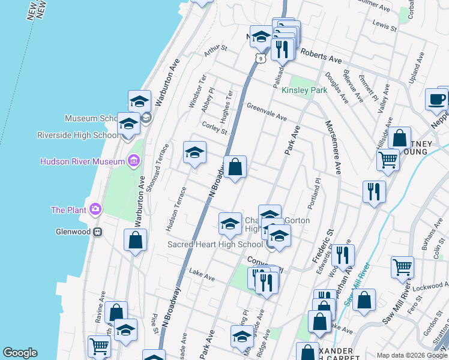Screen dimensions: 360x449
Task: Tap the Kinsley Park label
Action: (x=304, y=90)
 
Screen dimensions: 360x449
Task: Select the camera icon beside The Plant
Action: (x=95, y=209)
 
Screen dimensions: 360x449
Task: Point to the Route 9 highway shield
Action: (x=259, y=58)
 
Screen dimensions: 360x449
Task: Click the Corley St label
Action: (x=215, y=127)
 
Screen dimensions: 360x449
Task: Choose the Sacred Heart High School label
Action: (x=215, y=244)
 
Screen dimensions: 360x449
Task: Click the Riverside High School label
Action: (x=78, y=135)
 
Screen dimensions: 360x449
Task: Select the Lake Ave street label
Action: (x=202, y=275)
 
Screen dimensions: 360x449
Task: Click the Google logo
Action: (x=20, y=353)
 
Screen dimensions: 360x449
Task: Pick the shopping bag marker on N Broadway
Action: (x=235, y=166)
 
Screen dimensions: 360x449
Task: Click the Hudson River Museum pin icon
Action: (x=133, y=161)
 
